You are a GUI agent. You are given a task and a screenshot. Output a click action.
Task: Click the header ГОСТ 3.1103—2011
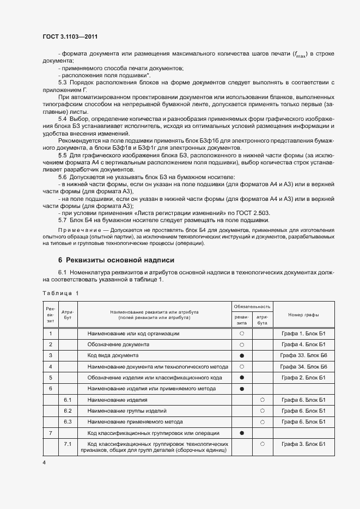[70, 36]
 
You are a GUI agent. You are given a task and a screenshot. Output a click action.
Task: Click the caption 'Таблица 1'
[60, 293]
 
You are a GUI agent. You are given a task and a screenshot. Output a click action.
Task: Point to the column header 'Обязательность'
[252, 306]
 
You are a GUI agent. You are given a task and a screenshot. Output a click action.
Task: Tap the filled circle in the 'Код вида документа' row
[242, 355]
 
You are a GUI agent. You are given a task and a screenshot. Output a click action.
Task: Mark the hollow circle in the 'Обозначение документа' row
[242, 345]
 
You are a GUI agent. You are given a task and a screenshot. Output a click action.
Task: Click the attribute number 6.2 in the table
[68, 410]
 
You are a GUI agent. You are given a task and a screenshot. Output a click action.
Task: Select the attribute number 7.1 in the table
[68, 444]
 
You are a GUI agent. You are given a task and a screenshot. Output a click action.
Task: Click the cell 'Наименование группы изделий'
[127, 410]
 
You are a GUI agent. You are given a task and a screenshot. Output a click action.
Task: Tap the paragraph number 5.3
[63, 82]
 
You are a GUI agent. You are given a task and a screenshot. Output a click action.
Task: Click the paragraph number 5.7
[63, 220]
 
